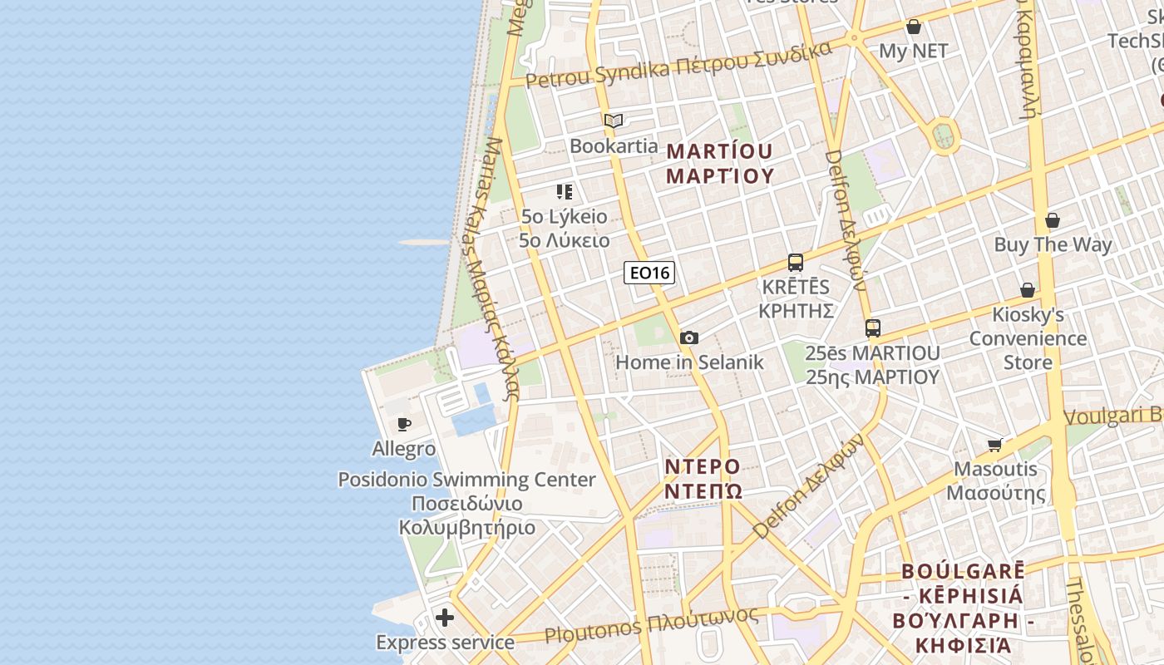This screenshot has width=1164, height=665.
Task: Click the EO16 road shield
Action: tap(649, 273)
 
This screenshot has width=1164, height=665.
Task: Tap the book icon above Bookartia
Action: tap(614, 121)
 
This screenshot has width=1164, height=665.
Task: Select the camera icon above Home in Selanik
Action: tap(689, 337)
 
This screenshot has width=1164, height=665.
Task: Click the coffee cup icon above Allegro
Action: tap(404, 425)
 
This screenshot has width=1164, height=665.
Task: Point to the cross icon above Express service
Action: tap(445, 618)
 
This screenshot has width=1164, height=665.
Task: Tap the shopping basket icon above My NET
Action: tap(914, 27)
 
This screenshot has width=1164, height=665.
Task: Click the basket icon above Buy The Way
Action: tap(1053, 220)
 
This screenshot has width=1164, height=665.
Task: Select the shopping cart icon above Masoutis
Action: tap(995, 445)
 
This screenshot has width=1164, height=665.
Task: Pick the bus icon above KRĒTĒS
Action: tap(796, 263)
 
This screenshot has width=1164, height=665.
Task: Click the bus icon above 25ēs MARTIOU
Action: tap(872, 328)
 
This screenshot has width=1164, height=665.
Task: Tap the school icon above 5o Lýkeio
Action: tap(565, 193)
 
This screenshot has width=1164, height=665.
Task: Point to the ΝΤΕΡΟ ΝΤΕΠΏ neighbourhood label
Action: tap(703, 478)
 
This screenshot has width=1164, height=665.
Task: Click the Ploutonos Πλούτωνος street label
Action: tap(651, 625)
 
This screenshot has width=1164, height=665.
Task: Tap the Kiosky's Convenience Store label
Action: tap(1028, 338)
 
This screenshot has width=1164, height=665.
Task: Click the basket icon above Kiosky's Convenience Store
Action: tap(1028, 290)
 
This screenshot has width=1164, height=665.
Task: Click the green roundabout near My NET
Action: tap(944, 135)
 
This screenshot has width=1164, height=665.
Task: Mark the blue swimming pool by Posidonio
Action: tap(474, 419)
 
